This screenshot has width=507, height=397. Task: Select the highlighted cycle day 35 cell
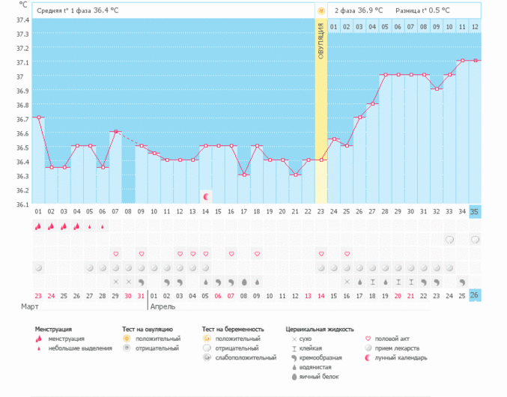[475, 212]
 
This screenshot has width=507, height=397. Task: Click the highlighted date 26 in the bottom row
[475, 295]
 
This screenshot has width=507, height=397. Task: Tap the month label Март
[29, 307]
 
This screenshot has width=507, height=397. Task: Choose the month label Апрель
[164, 307]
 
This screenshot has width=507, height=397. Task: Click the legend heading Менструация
[53, 329]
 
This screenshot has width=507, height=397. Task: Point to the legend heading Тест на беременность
[233, 329]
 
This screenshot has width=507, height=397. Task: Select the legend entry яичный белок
[315, 378]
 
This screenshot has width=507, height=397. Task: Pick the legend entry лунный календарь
[396, 358]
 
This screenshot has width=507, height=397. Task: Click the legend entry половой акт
[391, 339]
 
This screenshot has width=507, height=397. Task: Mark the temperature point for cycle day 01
[38, 118]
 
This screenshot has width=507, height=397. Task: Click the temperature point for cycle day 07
[115, 132]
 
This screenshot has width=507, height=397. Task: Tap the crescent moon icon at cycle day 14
[205, 196]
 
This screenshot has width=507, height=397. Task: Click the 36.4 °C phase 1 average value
[110, 11]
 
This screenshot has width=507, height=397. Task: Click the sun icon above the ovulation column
[321, 11]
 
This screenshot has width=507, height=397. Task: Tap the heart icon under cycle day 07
[115, 254]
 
